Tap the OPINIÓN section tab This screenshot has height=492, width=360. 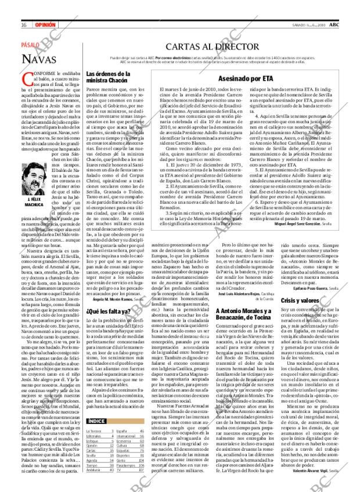(45, 25)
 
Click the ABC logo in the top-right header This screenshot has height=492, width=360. (335, 24)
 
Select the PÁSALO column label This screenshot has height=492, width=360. (31, 45)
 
